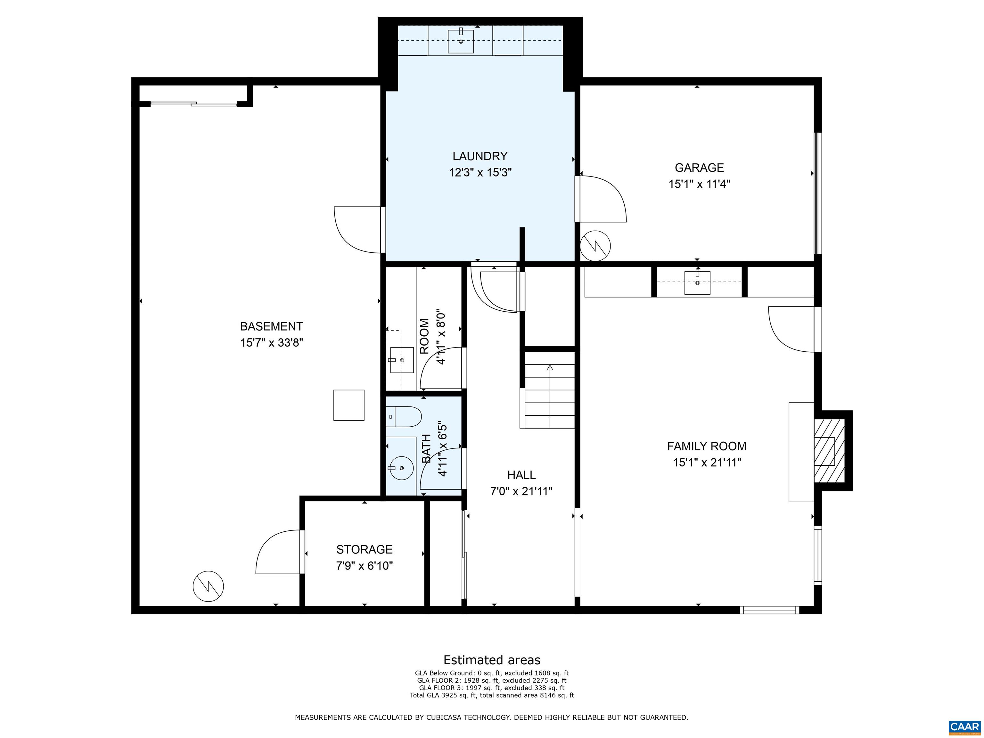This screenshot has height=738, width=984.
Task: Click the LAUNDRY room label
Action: [480, 156]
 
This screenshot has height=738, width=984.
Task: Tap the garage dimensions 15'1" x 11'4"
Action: [699, 184]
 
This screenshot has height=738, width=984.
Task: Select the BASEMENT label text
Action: [271, 326]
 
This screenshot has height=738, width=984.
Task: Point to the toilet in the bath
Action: [404, 417]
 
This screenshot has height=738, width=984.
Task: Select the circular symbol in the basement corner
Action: [208, 586]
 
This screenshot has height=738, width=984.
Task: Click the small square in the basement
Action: [349, 405]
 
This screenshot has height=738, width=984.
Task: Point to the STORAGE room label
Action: [364, 549]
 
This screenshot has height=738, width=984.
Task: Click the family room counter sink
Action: [697, 282]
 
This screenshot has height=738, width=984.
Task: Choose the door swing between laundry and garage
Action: [602, 199]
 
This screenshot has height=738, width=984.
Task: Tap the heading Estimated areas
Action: [492, 660]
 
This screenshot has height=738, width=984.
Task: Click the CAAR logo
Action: [964, 727]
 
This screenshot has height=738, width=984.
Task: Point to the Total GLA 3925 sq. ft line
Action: [492, 695]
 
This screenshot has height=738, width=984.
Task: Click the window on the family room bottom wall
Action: [769, 610]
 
